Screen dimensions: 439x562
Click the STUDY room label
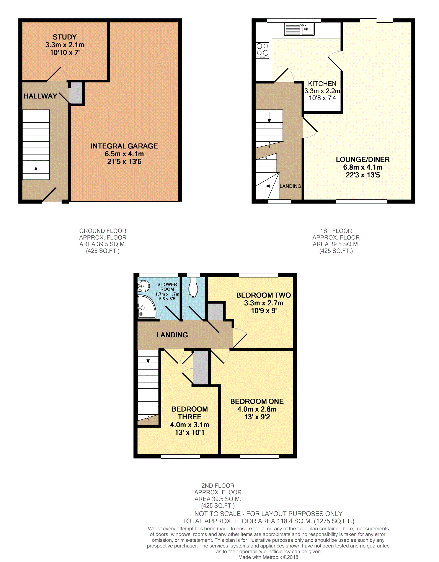65,37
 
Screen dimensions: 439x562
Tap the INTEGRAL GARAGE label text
124,146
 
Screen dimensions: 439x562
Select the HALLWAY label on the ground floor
40,96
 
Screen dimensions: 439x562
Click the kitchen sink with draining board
299,29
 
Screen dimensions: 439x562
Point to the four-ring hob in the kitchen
262,50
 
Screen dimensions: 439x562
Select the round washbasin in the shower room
144,286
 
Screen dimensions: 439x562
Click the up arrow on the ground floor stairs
36,172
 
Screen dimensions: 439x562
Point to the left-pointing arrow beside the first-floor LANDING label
271,186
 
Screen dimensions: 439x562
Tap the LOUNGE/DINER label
363,159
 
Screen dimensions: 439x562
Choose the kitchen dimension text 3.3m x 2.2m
322,91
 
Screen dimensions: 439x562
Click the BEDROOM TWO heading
263,295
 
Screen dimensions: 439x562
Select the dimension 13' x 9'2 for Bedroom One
257,417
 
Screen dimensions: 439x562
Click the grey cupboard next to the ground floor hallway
76,93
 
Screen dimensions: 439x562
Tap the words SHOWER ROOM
167,287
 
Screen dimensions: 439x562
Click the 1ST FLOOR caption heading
336,231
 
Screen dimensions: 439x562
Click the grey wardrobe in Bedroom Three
201,367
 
